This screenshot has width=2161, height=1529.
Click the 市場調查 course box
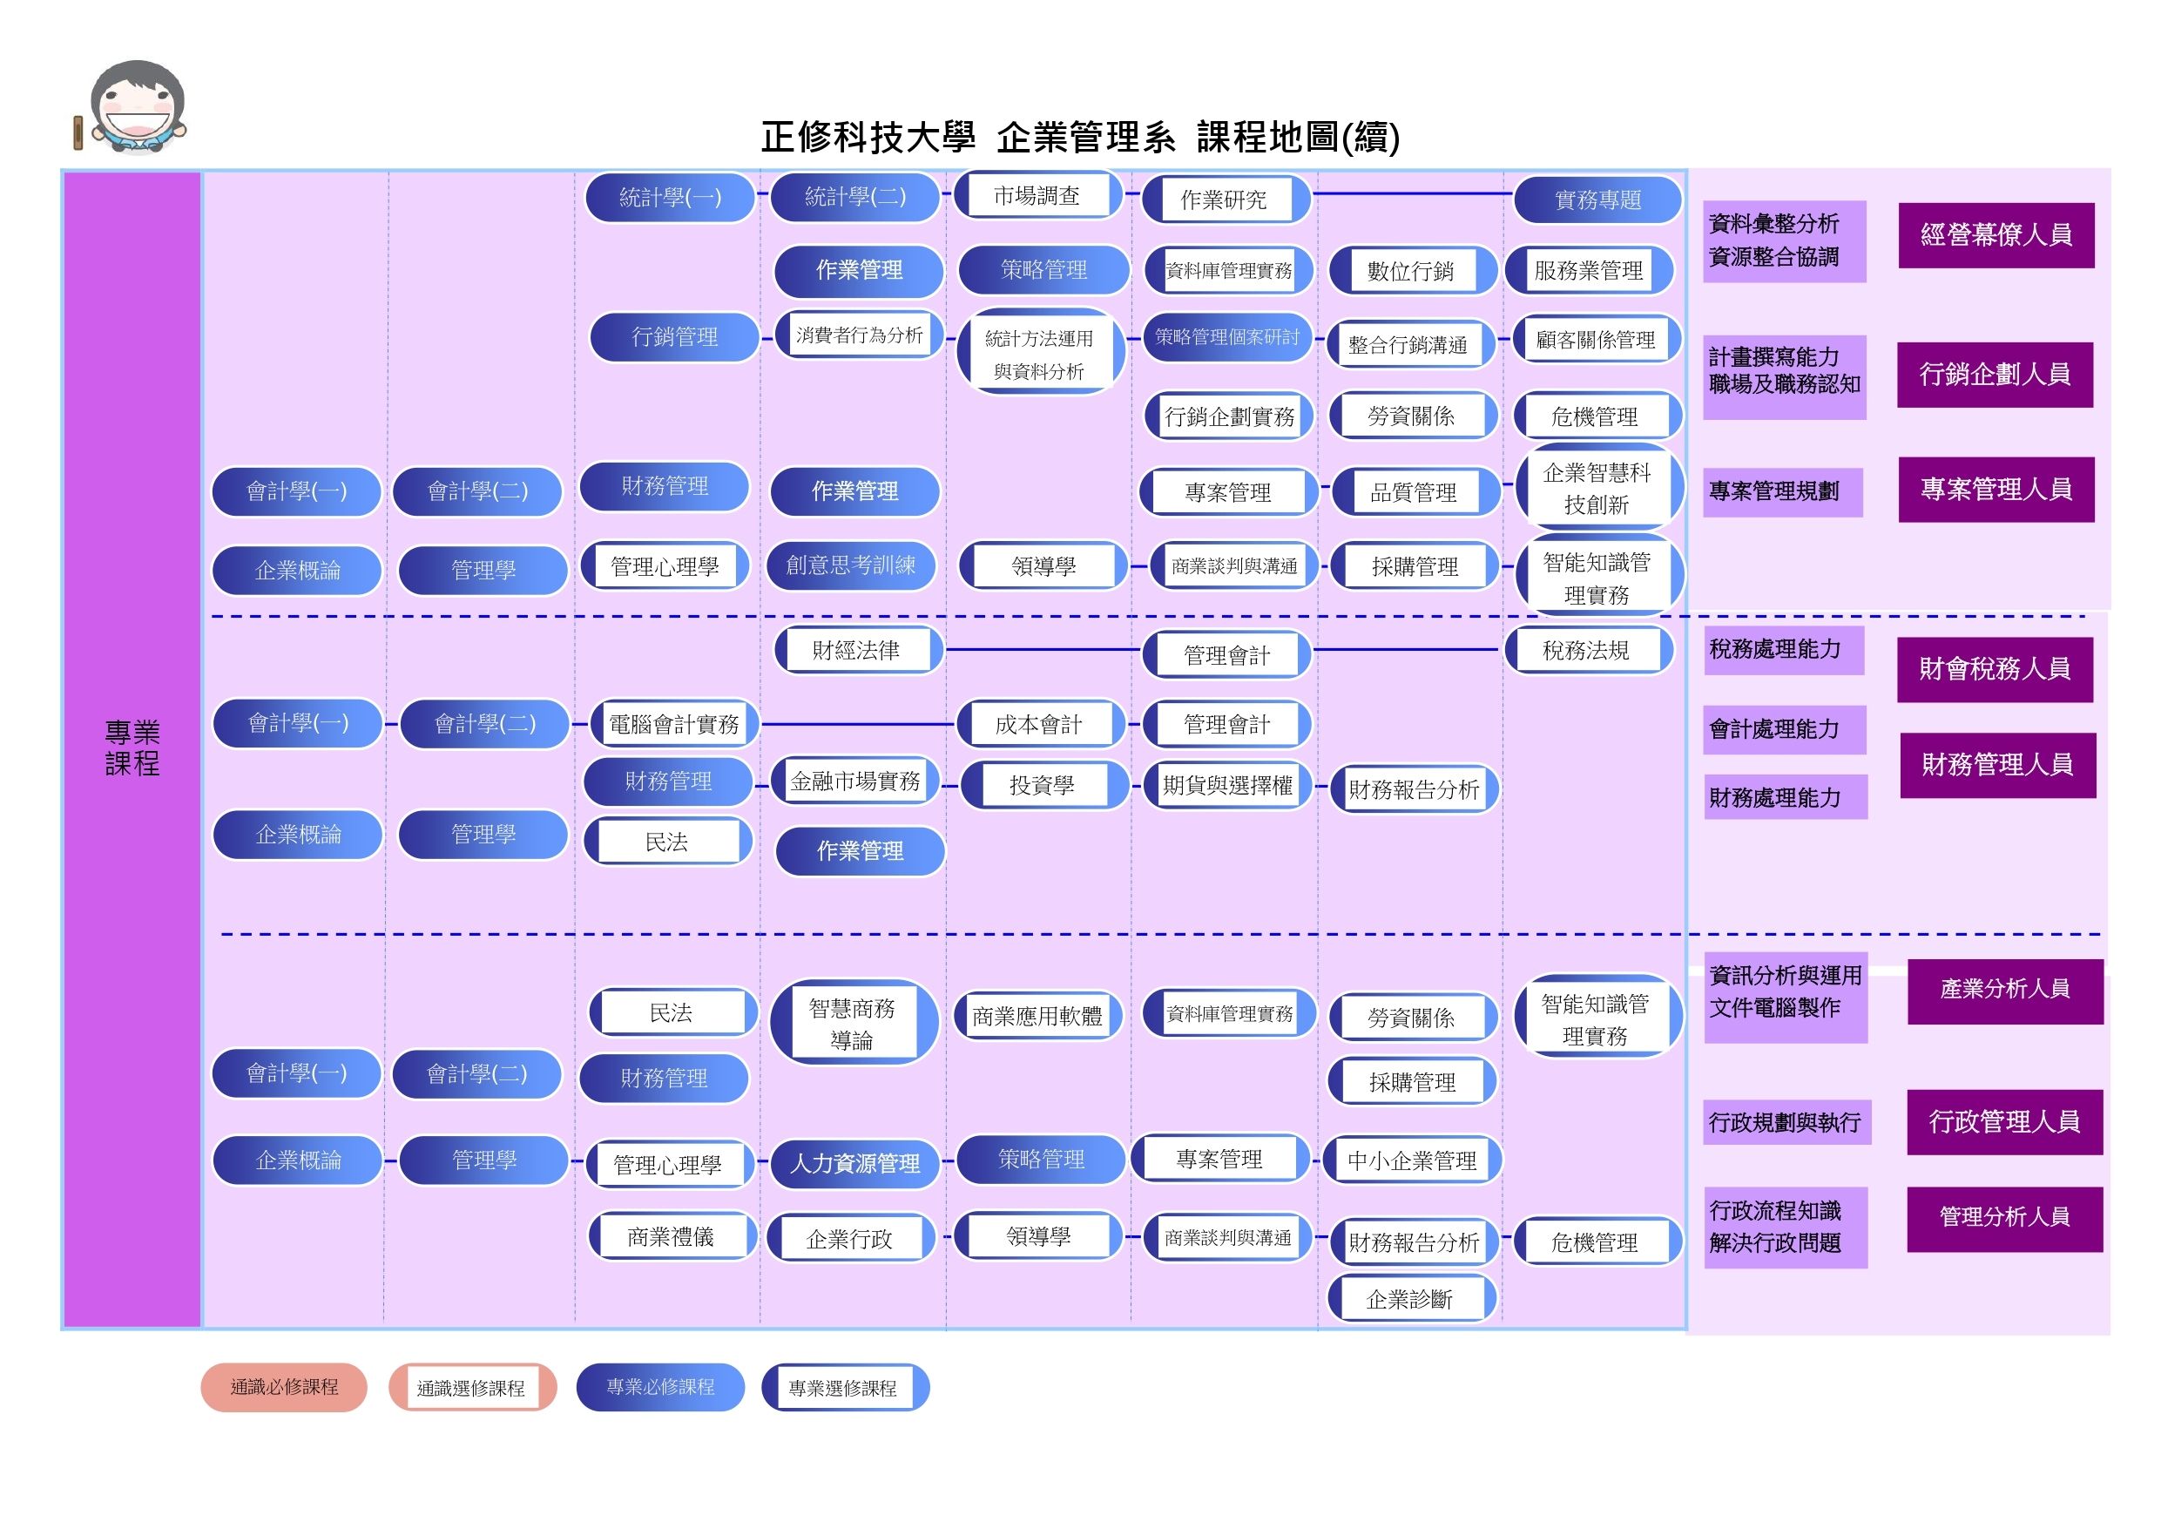coord(1037,196)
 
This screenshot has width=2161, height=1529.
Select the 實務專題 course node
coord(1597,200)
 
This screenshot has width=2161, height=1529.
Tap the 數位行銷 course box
coord(1411,271)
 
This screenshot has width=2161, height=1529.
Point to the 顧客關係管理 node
coord(1596,340)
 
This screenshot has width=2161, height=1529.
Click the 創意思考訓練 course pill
coord(851,565)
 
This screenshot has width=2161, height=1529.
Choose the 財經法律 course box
coord(856,651)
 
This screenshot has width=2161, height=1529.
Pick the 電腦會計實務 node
coord(674,724)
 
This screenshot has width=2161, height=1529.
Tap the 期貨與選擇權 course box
coord(1227,785)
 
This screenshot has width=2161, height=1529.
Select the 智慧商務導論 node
coord(852,1024)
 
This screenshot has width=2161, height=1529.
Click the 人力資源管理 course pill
coord(854,1164)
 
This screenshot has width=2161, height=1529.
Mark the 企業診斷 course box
coord(1409,1299)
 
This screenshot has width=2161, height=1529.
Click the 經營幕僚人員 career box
coord(1996,235)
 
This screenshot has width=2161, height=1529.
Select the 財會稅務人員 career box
coord(1995,669)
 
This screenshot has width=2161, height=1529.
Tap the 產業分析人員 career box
coord(2005,990)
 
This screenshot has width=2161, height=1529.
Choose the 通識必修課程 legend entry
coord(284,1387)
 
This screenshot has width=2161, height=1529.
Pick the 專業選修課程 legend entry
coord(843,1388)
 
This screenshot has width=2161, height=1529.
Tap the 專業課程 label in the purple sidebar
coord(132,748)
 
